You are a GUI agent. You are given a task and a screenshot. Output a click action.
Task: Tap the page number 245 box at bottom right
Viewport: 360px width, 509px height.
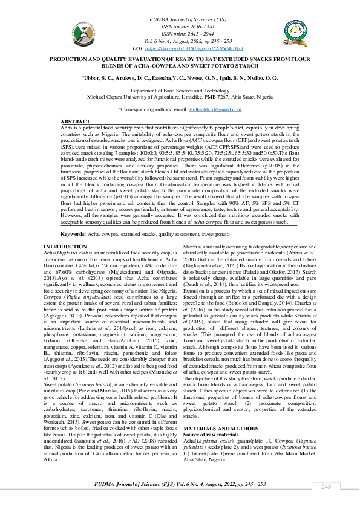pos(326,487)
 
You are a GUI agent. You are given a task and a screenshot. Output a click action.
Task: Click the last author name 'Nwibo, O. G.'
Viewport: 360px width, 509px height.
pos(266,77)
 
